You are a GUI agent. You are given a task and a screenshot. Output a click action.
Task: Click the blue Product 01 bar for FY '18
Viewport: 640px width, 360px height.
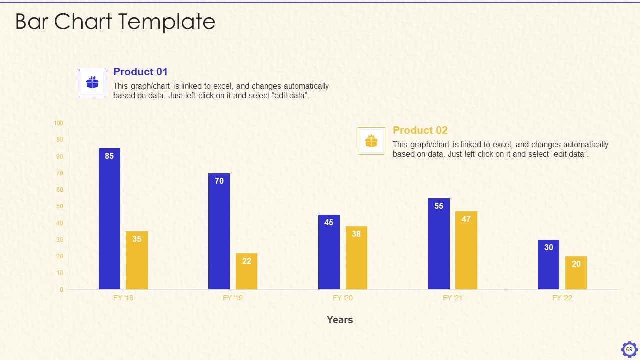109,219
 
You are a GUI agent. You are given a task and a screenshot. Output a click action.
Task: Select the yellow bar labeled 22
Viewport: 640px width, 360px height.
246,271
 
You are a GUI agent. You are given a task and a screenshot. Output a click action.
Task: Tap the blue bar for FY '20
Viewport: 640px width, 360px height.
329,252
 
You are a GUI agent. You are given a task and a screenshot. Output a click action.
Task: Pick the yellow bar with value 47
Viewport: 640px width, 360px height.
466,250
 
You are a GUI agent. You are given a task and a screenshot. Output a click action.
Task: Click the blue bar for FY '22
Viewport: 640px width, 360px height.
548,265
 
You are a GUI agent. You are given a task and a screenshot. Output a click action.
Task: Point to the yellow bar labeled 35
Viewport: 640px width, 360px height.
137,260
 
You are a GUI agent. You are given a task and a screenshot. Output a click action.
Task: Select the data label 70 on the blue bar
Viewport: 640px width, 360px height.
219,181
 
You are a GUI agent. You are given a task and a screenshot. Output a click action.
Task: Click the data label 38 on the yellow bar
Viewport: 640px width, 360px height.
356,234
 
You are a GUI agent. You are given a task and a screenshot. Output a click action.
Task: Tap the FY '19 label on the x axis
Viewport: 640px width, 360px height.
233,298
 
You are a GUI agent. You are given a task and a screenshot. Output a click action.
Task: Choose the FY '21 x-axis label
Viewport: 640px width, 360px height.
452,298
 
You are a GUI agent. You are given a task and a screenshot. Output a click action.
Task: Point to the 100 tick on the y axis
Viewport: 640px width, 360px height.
58,123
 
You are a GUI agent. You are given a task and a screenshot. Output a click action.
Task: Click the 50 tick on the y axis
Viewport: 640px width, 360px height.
60,206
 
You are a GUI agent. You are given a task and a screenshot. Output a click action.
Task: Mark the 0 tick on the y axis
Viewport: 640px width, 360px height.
61,289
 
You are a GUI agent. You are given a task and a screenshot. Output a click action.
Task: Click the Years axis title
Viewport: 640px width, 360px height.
340,320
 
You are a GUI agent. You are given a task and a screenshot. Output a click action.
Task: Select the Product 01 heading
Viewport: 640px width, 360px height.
140,72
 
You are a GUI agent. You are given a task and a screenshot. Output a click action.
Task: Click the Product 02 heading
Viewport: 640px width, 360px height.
420,130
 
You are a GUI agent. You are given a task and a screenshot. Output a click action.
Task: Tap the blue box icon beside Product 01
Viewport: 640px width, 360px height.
92,82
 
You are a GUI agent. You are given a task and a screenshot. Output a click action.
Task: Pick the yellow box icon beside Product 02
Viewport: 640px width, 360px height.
371,141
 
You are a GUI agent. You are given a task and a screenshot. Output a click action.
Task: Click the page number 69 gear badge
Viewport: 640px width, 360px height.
629,349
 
